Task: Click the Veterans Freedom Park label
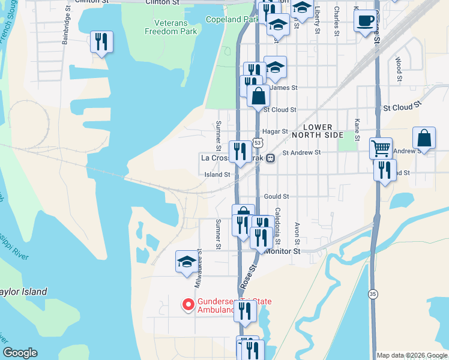[x=171, y=26]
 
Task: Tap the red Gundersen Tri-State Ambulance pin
[x=188, y=305]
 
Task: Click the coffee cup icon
[x=365, y=22]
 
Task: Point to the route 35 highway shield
[x=373, y=294]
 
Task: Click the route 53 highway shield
[x=257, y=143]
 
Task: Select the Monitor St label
[x=283, y=252]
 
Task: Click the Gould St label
[x=277, y=196]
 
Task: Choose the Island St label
[x=218, y=175]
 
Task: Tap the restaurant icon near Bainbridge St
[x=101, y=42]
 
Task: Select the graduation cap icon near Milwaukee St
[x=187, y=262]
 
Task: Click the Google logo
[x=20, y=353]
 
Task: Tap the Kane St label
[x=357, y=130]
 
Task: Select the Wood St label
[x=399, y=69]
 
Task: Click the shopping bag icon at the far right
[x=424, y=139]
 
